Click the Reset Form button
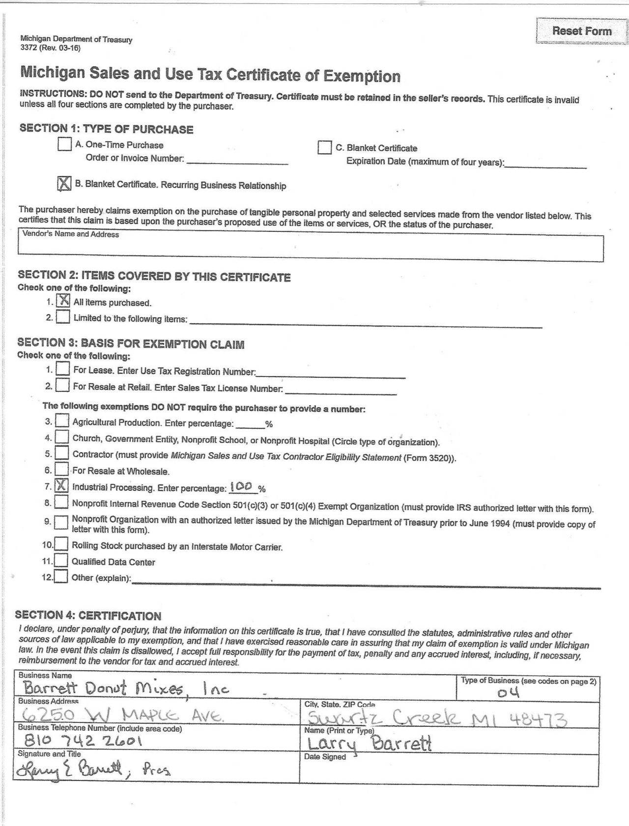click(581, 31)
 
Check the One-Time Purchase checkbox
click(64, 144)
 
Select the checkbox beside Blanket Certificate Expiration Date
click(324, 147)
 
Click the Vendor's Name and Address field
click(310, 245)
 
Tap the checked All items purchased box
click(63, 301)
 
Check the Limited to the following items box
click(63, 317)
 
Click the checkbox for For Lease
click(63, 369)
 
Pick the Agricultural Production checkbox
click(62, 421)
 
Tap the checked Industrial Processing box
click(61, 486)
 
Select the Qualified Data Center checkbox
click(61, 560)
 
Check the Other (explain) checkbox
click(61, 576)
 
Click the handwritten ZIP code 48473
click(538, 720)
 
